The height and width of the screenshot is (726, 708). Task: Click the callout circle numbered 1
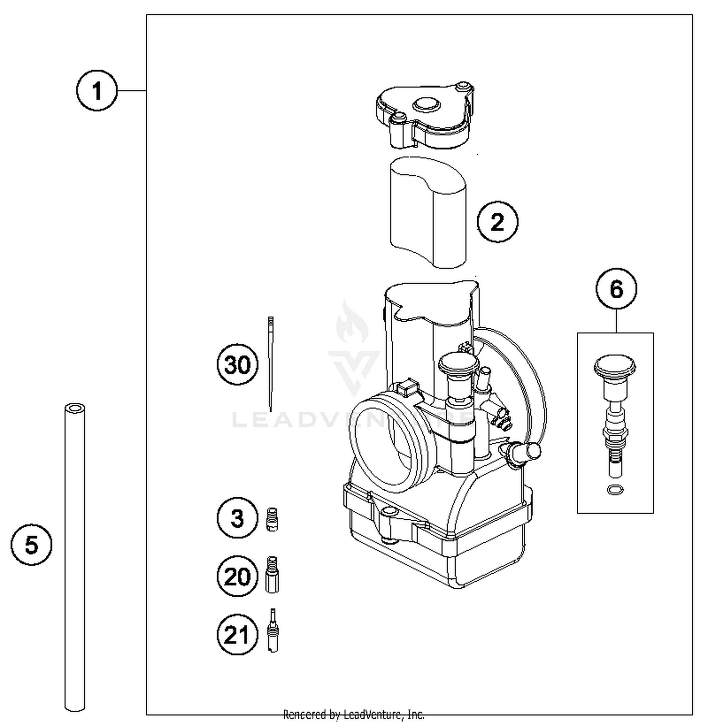[x=97, y=91]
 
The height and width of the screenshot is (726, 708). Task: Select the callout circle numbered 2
[x=497, y=222]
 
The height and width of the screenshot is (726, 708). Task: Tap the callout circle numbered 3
[x=237, y=518]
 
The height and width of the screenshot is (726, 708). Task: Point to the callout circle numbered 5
[x=31, y=545]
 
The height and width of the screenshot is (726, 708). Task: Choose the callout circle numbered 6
[x=616, y=289]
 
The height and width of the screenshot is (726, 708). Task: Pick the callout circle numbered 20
[x=237, y=576]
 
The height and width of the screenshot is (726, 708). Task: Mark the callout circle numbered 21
[x=237, y=634]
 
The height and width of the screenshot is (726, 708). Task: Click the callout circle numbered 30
[x=237, y=365]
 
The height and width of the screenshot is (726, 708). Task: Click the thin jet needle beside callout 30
[x=270, y=363]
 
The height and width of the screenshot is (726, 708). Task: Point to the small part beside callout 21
[x=273, y=631]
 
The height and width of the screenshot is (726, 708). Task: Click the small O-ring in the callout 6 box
[x=615, y=490]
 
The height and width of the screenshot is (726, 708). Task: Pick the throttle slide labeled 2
[x=427, y=212]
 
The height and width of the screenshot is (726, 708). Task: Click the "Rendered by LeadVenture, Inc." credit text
[x=354, y=715]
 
